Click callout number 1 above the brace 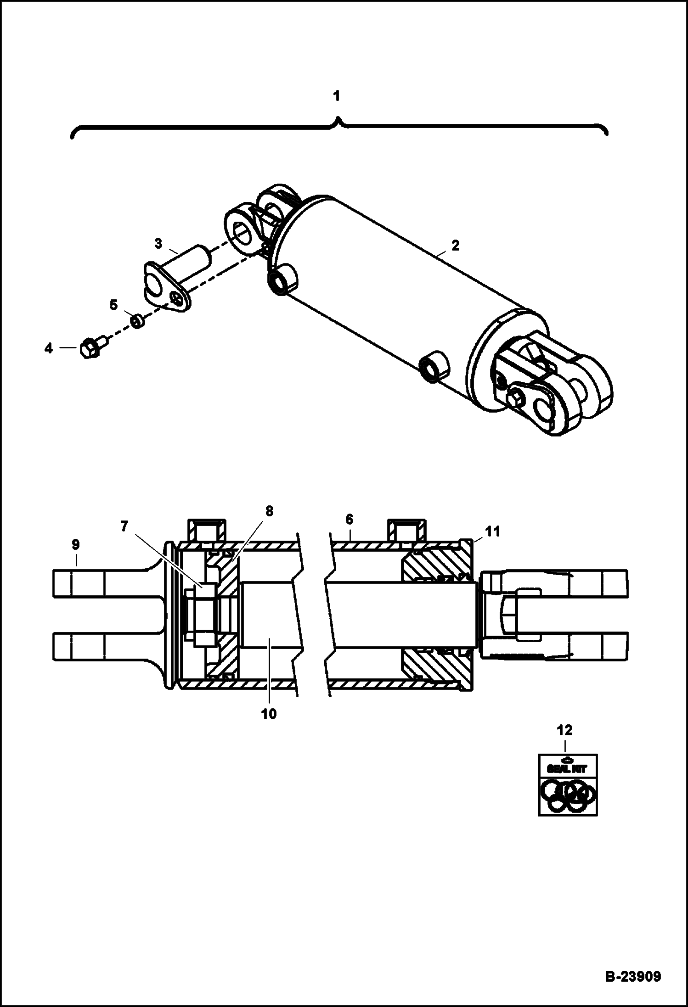point(337,96)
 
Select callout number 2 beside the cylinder point(455,246)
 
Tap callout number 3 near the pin point(158,243)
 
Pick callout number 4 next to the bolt point(49,348)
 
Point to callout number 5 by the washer point(113,305)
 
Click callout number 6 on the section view point(350,520)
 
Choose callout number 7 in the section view point(124,526)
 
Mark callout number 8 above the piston point(269,511)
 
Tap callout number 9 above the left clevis point(75,545)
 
